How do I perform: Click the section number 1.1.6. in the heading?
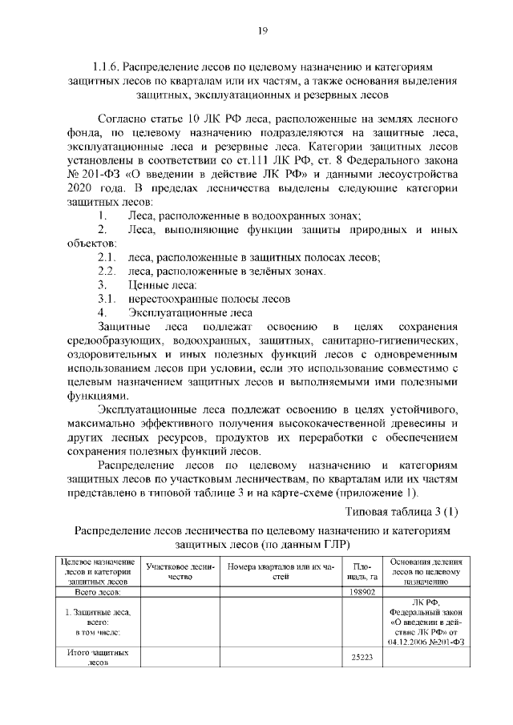pos(107,68)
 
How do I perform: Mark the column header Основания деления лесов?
pos(425,572)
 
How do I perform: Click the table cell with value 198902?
pos(362,592)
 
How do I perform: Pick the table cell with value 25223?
pos(362,658)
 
